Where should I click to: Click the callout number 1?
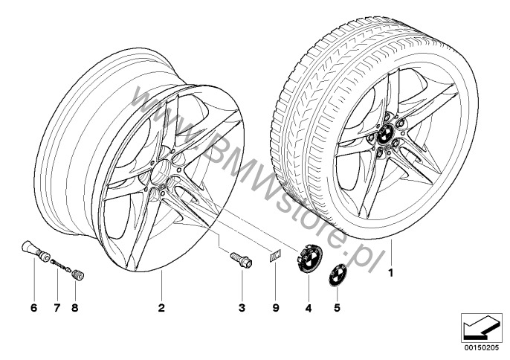(x=391, y=272)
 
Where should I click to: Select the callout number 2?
(x=161, y=308)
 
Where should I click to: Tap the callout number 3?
(x=242, y=308)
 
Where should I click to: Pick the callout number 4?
(x=309, y=308)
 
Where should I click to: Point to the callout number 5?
(x=337, y=307)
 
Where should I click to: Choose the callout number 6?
(x=34, y=308)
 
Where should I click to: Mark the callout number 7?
(x=57, y=308)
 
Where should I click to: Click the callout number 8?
(x=75, y=308)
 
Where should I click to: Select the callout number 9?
(x=276, y=308)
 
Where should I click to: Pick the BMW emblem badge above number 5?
(x=337, y=276)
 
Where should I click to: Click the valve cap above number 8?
(x=78, y=274)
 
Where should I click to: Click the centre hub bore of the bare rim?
(x=160, y=173)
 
